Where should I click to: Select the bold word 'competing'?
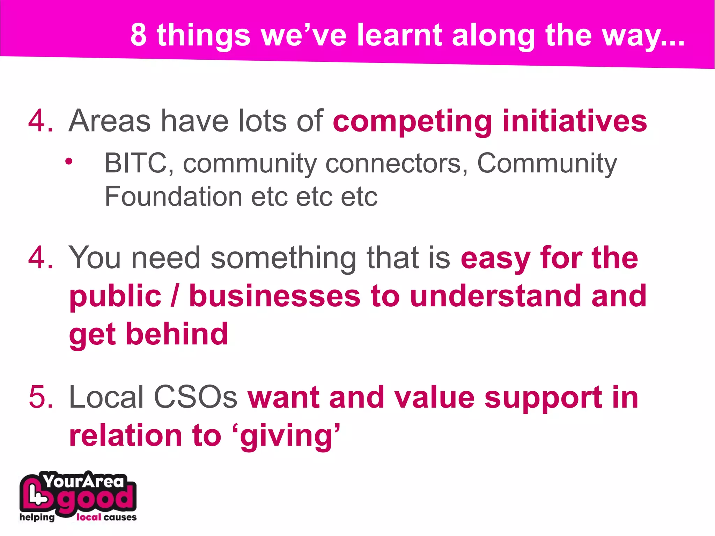click(x=412, y=121)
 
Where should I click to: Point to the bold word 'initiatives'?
click(x=575, y=121)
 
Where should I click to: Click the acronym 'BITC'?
click(x=135, y=163)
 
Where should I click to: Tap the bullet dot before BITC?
click(x=69, y=161)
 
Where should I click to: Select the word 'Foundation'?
click(x=173, y=196)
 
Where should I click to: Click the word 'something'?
click(x=283, y=258)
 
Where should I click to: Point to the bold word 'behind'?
click(x=177, y=334)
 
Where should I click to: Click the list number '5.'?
click(x=41, y=397)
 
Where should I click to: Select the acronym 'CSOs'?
click(x=195, y=397)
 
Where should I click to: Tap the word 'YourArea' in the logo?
click(x=84, y=482)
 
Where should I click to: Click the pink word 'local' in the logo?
click(x=89, y=517)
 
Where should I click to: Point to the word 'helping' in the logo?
click(x=37, y=517)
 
